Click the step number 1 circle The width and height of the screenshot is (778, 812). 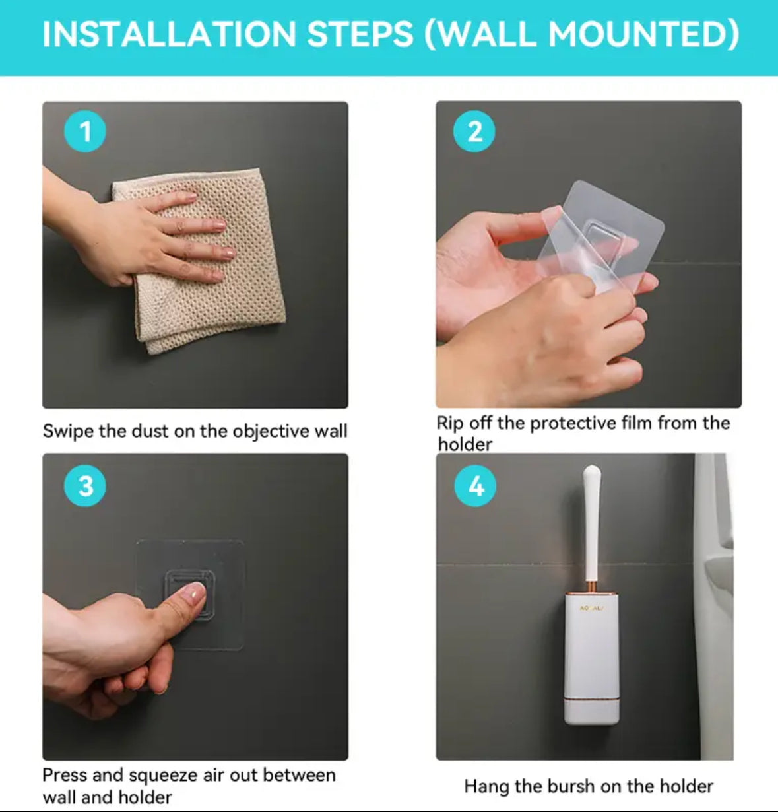[x=85, y=131]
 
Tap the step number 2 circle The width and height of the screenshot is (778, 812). [x=474, y=131]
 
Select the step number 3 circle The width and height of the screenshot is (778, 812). [x=85, y=486]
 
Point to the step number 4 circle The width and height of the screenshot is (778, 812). [x=475, y=486]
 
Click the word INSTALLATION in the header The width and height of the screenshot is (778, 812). [x=170, y=34]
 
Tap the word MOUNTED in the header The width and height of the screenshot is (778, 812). [x=643, y=34]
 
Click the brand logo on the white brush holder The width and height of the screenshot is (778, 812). [x=592, y=609]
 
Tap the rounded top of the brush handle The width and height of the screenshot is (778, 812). [x=592, y=473]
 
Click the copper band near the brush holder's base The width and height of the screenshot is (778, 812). [x=592, y=698]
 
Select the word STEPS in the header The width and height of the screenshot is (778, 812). [x=360, y=34]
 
